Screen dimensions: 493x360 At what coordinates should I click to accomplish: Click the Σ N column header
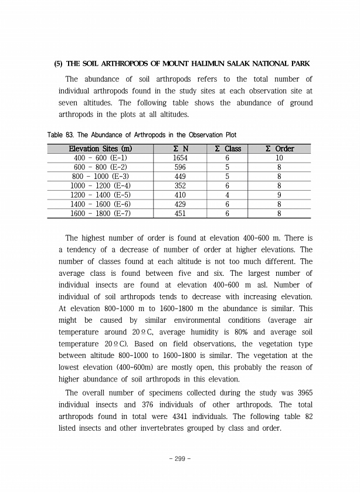tap(181, 149)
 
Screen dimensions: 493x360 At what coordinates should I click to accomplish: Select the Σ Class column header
tap(227, 149)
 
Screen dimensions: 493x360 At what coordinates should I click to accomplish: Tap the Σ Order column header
tap(280, 149)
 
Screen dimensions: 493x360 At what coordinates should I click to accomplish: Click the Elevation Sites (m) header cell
tap(100, 149)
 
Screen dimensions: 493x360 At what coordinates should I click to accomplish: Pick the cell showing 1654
tap(181, 158)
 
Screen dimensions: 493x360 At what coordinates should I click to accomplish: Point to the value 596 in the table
tap(181, 167)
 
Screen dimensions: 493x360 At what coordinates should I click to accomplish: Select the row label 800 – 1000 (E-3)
tap(100, 177)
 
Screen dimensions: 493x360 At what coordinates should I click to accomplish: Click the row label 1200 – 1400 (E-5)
tap(100, 195)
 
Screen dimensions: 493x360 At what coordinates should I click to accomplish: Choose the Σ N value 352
tap(181, 185)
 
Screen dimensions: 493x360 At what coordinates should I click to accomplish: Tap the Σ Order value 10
tap(280, 158)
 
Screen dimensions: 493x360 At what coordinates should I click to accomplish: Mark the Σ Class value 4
tap(227, 195)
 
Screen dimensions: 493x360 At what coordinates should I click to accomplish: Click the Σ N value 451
tap(181, 213)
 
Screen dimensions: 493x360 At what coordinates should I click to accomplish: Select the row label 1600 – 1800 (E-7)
tap(100, 213)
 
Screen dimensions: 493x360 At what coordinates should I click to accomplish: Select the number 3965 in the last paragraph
tap(303, 393)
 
